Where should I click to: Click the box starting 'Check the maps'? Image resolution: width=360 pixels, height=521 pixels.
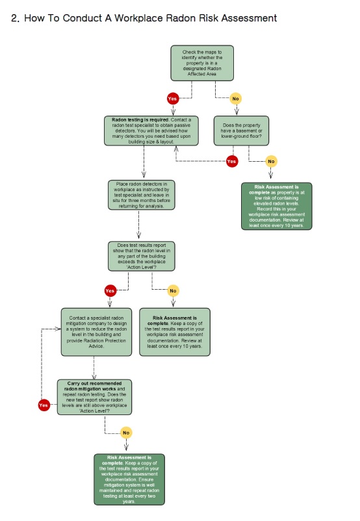point(202,63)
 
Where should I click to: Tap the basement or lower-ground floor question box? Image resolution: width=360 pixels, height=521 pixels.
point(240,131)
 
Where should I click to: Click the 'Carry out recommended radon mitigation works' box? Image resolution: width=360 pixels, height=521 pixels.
point(95,396)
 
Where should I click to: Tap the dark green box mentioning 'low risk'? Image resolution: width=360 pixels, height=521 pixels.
point(277,207)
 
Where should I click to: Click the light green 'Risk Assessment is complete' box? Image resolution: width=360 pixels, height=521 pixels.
point(175,332)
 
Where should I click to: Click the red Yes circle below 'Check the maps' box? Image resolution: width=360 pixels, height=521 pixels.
point(172,99)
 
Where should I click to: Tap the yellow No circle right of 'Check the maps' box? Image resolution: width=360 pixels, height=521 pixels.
point(235,99)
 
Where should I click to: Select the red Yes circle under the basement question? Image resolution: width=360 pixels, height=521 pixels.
point(232,160)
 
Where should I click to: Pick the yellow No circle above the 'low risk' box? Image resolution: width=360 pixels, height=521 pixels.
point(271,160)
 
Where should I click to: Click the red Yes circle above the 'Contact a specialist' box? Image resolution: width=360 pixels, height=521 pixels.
point(110,290)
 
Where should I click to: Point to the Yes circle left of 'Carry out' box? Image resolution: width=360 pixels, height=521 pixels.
point(44,405)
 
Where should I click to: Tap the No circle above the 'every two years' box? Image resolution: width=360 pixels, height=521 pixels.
point(126,432)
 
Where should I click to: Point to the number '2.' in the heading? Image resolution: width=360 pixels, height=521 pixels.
point(16,18)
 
